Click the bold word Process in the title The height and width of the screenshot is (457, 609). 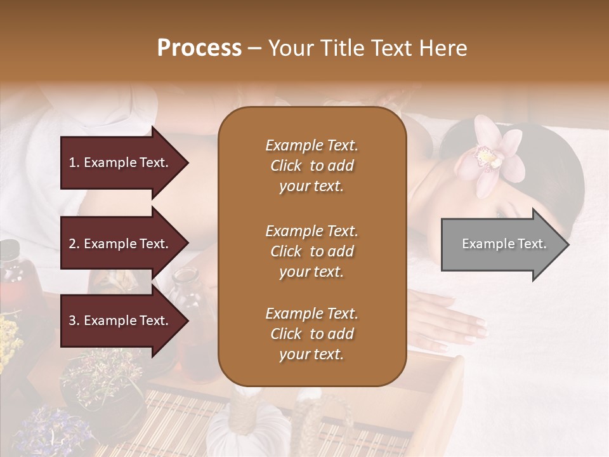(199, 48)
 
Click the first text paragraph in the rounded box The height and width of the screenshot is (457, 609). (311, 166)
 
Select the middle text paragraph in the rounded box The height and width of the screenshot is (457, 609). (311, 251)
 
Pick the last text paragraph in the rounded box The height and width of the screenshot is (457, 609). (311, 334)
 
